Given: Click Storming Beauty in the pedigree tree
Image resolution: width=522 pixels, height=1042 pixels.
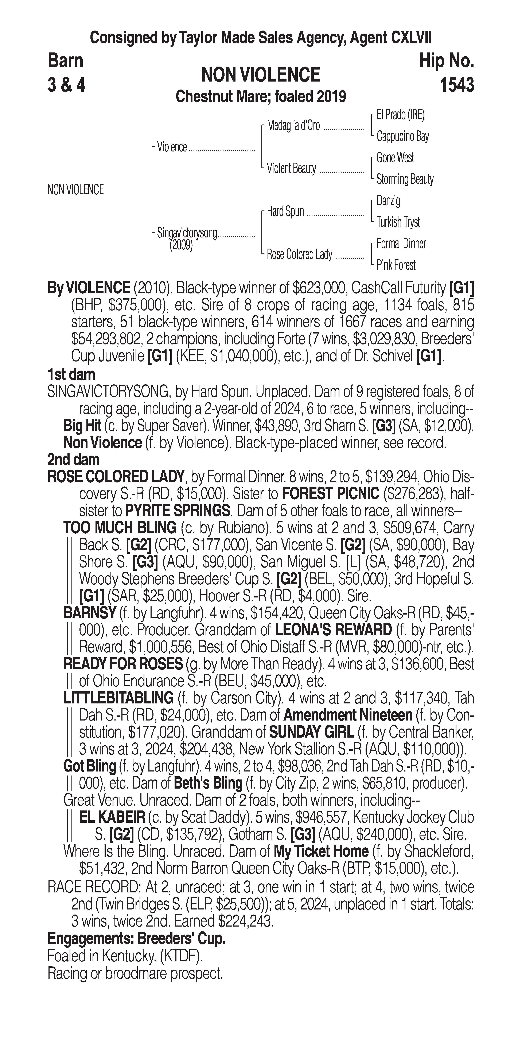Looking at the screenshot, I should [x=405, y=179].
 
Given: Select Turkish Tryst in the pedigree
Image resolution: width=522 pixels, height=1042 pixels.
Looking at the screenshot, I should [x=398, y=222].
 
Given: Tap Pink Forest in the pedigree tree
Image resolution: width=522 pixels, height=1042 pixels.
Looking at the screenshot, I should [x=396, y=265].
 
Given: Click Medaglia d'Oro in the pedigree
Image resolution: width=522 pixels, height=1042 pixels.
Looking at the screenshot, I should [x=293, y=126].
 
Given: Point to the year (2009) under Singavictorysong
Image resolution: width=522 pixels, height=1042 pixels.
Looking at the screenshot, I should [x=181, y=245].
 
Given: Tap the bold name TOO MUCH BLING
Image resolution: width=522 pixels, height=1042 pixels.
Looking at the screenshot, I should [x=120, y=528].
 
